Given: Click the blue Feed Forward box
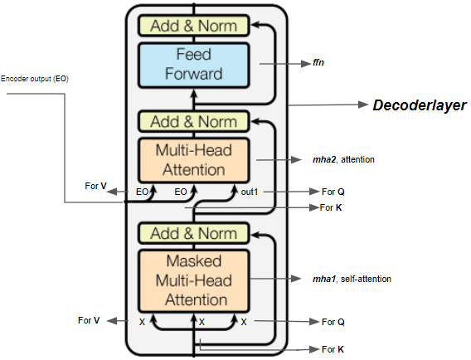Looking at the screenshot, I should [x=193, y=64].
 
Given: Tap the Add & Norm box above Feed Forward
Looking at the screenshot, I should [x=193, y=26].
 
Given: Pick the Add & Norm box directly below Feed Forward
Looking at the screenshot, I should [x=193, y=121].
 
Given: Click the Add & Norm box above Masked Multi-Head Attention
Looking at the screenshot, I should [x=193, y=233].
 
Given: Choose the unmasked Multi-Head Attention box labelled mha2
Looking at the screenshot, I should [x=193, y=160].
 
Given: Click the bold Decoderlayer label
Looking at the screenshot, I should [x=419, y=105].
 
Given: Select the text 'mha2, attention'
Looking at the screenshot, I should [x=341, y=158].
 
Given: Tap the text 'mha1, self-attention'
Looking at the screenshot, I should [x=352, y=280].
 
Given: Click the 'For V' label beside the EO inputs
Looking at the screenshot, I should [x=95, y=186].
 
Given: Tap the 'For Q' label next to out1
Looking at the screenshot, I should [x=333, y=192].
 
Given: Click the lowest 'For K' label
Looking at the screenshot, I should [x=333, y=349].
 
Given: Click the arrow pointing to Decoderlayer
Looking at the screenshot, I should [x=327, y=105].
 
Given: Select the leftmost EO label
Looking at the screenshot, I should [x=143, y=192].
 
